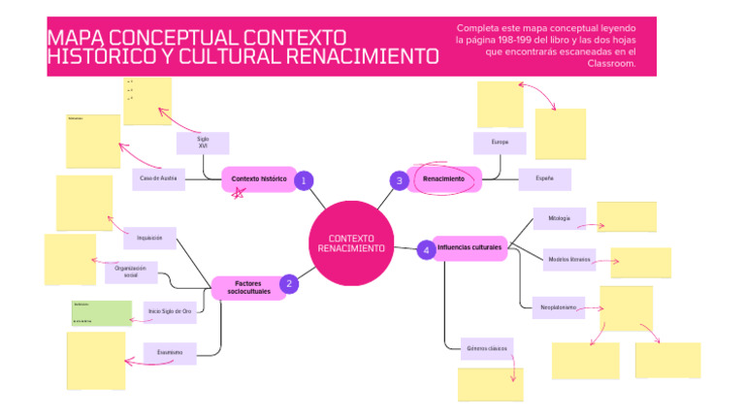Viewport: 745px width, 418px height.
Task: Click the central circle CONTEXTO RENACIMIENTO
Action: click(x=351, y=243)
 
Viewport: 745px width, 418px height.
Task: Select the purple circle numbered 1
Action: click(x=303, y=180)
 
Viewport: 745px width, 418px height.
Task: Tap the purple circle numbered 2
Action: click(x=288, y=284)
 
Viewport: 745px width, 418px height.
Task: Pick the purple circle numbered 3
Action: click(x=399, y=180)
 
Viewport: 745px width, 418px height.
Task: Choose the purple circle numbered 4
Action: click(x=425, y=250)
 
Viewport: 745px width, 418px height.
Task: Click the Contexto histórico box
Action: click(x=259, y=179)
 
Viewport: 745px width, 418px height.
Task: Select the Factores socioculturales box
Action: click(x=248, y=287)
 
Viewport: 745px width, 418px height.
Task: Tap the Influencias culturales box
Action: click(x=470, y=248)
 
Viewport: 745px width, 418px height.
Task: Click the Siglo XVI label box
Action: click(x=203, y=143)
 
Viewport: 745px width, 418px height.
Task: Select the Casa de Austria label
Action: click(x=158, y=178)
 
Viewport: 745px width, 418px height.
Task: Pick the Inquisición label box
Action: click(x=149, y=238)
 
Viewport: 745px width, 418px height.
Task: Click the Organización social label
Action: click(x=131, y=273)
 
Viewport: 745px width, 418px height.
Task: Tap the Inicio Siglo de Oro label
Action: click(x=170, y=311)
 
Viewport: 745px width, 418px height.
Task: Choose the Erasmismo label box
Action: click(x=170, y=353)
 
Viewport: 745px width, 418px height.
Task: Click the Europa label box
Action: click(x=500, y=143)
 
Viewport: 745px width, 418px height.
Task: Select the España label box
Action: click(x=544, y=178)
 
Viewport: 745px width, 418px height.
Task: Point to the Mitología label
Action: click(x=559, y=218)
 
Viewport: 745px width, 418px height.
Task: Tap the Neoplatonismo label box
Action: click(x=558, y=307)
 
